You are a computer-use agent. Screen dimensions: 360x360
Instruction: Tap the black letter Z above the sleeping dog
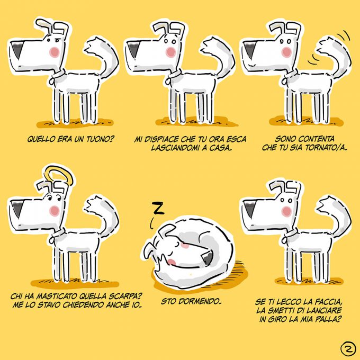point(158,208)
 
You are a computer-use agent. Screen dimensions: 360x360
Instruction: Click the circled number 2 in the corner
point(348,349)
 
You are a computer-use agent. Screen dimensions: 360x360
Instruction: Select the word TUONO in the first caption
point(100,139)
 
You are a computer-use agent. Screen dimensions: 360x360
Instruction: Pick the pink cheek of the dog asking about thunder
point(55,52)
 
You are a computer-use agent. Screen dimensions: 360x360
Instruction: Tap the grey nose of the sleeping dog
point(208,257)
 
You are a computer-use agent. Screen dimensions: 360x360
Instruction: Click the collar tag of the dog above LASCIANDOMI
point(168,81)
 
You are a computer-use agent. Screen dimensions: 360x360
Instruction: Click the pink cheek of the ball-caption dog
point(286,211)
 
